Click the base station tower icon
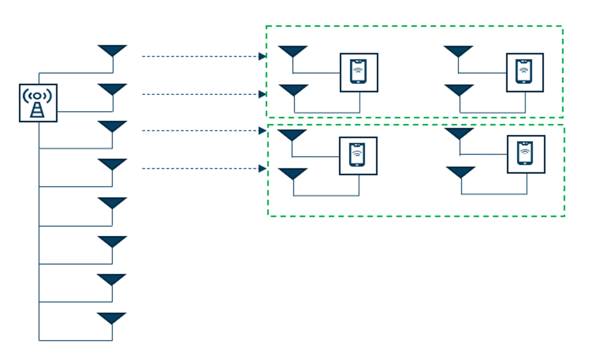point(38,102)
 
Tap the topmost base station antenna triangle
point(113,50)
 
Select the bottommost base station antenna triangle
point(112,318)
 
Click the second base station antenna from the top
point(113,89)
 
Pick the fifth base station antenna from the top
point(112,202)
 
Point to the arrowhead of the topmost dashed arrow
point(262,57)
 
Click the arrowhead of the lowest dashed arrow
point(262,169)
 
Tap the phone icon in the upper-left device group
point(359,72)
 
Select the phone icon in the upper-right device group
point(525,72)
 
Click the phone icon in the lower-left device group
point(358,156)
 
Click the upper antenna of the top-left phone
point(293,51)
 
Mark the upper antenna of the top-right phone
point(458,51)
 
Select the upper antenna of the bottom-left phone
point(292,135)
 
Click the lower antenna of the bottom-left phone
point(293,174)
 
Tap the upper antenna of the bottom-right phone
point(459,133)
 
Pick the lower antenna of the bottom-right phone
point(461,172)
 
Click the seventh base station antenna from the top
point(112,279)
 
